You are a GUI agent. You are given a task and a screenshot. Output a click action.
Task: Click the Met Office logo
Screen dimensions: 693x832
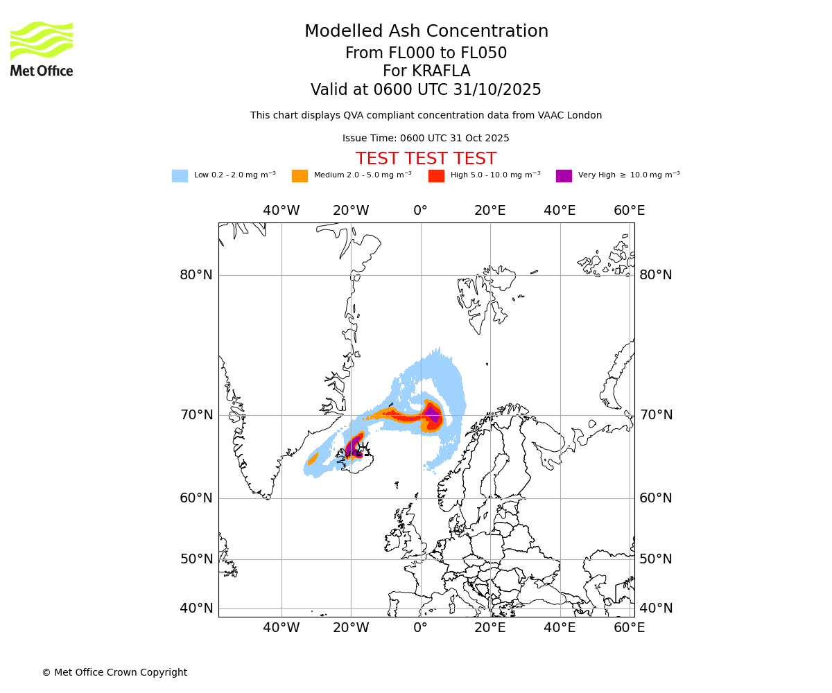pos(42,49)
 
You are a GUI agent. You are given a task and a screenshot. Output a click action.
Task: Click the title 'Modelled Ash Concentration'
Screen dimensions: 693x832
pos(426,32)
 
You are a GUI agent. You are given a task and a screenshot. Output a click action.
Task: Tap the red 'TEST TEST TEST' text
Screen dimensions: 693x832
pos(426,159)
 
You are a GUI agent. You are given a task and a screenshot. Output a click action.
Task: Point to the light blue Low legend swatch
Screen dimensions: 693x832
pos(180,176)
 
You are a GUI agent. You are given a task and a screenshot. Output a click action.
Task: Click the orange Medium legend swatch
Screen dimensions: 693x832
pos(300,176)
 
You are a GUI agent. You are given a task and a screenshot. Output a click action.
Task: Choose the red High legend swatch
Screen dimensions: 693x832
pos(436,176)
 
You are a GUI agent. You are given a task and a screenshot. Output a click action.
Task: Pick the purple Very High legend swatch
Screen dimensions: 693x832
pos(564,176)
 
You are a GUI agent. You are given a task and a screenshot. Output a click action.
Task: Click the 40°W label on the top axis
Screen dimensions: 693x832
pos(281,211)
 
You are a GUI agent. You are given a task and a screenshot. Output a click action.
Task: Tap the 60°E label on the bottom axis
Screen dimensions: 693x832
pos(629,628)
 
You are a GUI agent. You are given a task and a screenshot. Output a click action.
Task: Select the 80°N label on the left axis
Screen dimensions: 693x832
pos(196,275)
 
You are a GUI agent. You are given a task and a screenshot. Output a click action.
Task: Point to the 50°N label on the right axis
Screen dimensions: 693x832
pos(655,559)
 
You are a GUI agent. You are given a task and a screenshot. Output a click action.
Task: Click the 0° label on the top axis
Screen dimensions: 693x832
pos(420,211)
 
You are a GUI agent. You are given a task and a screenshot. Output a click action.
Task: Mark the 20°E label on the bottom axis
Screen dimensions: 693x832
pos(490,628)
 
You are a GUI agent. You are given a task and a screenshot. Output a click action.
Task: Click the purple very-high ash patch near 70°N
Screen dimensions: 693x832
pos(432,414)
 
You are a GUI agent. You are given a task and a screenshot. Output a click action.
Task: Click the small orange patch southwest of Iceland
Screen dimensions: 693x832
pos(313,458)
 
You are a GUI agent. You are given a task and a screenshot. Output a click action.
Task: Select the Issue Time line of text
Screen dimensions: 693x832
pos(426,139)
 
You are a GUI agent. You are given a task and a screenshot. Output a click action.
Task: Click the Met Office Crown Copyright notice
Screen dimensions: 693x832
pos(114,672)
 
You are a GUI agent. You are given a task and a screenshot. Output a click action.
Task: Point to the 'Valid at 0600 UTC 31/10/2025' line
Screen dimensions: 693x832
pos(426,90)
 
